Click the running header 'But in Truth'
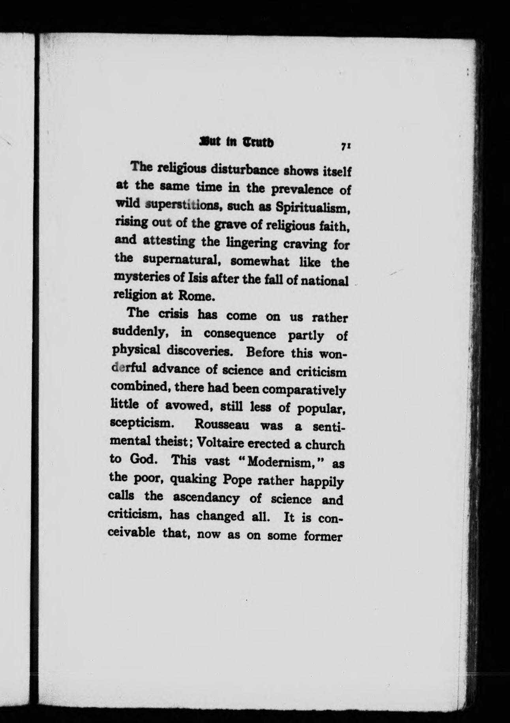237,143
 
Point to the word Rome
197,295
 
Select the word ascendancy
206,498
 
